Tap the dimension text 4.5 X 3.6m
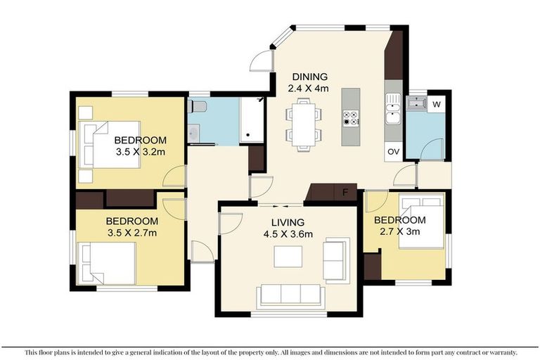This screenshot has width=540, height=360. click(288, 234)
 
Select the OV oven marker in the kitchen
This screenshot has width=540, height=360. click(393, 151)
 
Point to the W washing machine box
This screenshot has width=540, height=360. click(437, 104)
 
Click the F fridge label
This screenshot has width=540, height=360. click(345, 192)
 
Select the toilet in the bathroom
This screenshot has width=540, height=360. click(198, 107)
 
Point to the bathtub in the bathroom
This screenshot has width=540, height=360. click(251, 120)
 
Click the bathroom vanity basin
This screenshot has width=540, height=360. click(193, 131)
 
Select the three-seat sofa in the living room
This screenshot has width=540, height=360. click(290, 295)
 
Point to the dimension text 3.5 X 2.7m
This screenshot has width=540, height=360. click(131, 233)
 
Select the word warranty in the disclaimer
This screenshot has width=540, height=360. click(499, 352)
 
